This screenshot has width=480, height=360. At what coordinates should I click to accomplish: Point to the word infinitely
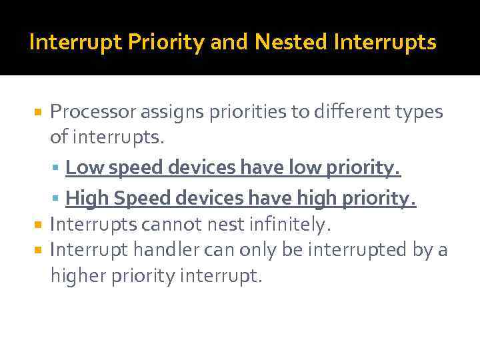pos(291,225)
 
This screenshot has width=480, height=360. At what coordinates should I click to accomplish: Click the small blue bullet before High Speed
pos(58,197)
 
